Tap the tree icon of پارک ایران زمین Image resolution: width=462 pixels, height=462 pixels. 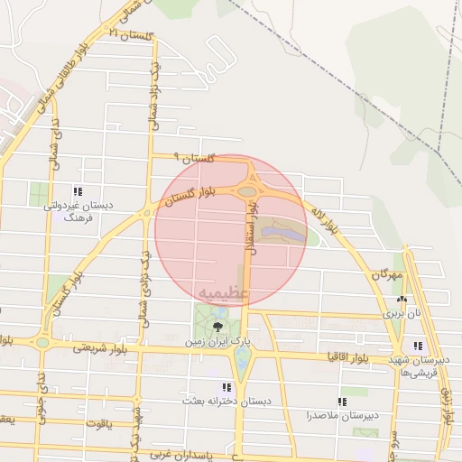click(217, 327)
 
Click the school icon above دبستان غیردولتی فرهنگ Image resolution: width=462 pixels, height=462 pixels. click(78, 191)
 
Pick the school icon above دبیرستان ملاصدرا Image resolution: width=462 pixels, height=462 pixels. click(341, 402)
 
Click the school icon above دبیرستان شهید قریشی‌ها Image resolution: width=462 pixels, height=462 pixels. click(418, 346)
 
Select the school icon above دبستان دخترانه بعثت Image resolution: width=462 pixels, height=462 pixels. click(226, 387)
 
